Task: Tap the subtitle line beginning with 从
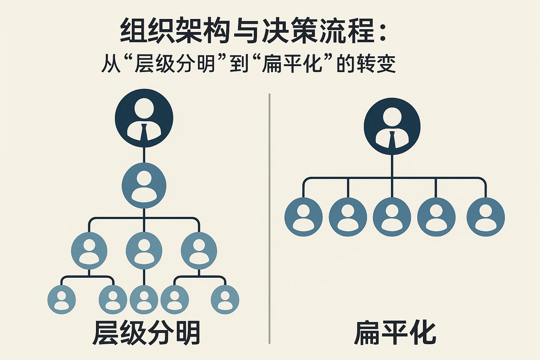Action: (248, 64)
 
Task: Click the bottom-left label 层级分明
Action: (146, 333)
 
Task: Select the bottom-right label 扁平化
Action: (394, 333)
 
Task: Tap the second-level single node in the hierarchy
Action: (144, 185)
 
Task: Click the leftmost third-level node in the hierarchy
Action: (89, 251)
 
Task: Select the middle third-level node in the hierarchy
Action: (144, 251)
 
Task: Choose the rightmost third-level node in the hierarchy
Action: (199, 251)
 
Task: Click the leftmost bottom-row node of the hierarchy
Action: (62, 300)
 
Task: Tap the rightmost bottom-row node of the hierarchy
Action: (225, 300)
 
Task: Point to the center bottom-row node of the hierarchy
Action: (144, 300)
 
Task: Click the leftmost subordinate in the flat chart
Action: (303, 217)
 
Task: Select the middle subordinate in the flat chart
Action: (392, 217)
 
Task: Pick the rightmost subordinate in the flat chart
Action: (486, 217)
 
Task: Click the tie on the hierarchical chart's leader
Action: (144, 133)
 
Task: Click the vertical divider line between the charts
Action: (269, 218)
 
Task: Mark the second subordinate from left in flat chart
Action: (348, 217)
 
